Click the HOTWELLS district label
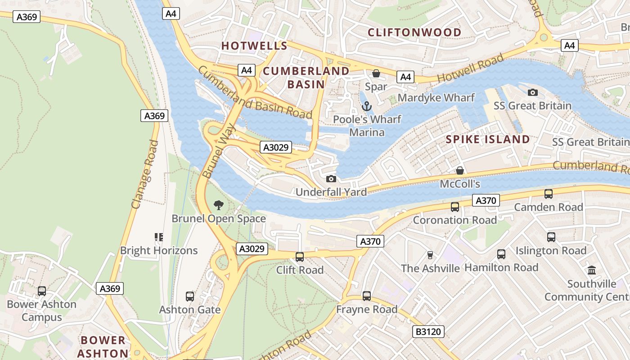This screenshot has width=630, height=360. point(254,45)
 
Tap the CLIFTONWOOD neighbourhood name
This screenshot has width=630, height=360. point(414,32)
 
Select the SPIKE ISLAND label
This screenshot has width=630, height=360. point(488,139)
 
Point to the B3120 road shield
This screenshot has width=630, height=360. point(428,332)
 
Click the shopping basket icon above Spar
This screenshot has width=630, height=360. point(376,73)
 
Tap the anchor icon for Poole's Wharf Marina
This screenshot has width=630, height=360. point(367,107)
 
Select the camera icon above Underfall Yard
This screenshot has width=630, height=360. point(331,179)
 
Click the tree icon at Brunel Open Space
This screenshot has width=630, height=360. point(219,206)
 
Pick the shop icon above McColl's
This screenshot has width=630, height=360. point(460,171)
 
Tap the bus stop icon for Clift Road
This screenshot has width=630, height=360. point(299,257)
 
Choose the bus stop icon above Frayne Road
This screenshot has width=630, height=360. point(367,296)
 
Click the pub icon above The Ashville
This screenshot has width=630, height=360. point(430,255)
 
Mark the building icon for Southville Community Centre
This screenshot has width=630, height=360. point(592,270)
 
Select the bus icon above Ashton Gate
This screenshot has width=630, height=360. point(190,297)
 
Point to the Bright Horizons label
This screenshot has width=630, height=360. point(159,251)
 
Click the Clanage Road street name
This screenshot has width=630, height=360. point(145,175)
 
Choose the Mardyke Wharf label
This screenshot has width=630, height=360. point(436,98)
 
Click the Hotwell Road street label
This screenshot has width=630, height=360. point(471,69)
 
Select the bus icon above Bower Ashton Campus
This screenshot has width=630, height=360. point(42,291)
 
